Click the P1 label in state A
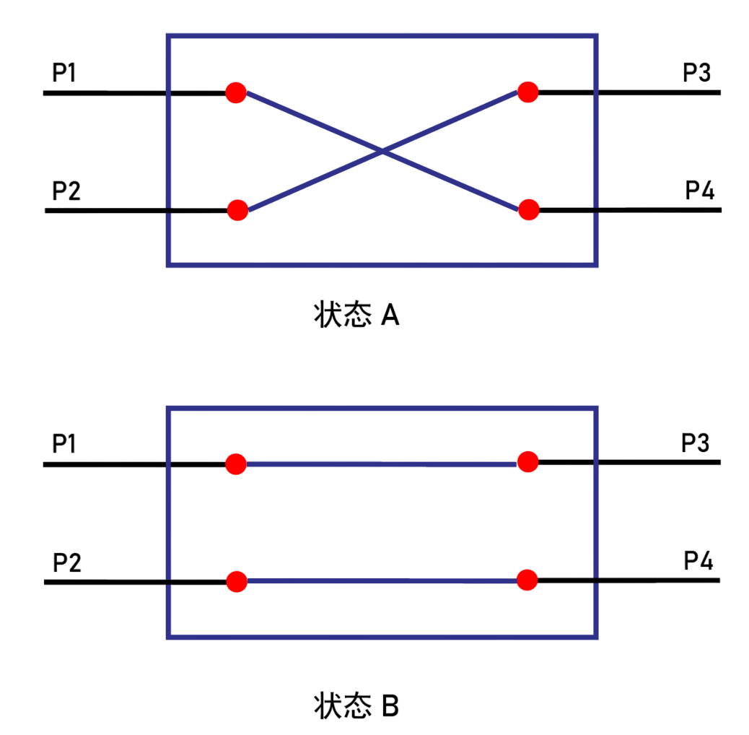coord(64,73)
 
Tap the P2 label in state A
coord(66,191)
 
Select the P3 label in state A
coord(697,73)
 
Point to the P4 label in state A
coord(699,191)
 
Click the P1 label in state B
coord(64,443)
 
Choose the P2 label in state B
coord(67,562)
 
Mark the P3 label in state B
coord(696,443)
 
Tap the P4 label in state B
coord(698,561)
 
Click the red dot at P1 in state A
coord(236,92)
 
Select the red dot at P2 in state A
coord(237,210)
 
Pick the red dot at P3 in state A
coord(527,92)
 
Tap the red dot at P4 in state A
coord(529,209)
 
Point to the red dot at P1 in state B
coord(236,464)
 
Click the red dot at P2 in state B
coord(237,581)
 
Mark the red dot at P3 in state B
coord(527,461)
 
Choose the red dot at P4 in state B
coord(527,580)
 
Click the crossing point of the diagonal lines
coord(382,151)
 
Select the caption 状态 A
coord(356,316)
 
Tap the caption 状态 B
coord(356,705)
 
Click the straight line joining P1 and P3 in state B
coord(382,464)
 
